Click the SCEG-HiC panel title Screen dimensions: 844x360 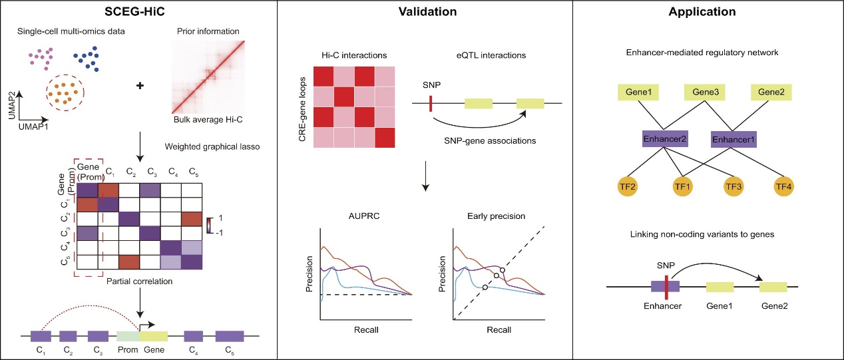coord(134,12)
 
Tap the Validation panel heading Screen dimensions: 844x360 coord(427,12)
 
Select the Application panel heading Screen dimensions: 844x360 coord(702,12)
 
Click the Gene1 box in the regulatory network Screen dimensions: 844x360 coord(638,92)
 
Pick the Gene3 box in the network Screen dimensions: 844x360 coord(705,92)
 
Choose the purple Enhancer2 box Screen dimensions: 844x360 coord(665,139)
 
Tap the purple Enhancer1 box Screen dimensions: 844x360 coord(734,139)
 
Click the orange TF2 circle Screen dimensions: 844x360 coord(628,186)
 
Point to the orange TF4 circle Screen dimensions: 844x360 coord(783,186)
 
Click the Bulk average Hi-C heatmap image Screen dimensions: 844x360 coord(208,77)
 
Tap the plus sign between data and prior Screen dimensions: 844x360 coord(140,86)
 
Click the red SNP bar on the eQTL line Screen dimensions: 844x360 coord(431,103)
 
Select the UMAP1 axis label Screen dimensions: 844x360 coord(33,126)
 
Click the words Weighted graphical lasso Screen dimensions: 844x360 coord(212,146)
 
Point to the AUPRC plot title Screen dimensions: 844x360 coord(364,216)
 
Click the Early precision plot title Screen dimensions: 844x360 coord(497,216)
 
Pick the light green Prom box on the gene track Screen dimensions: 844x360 coord(128,336)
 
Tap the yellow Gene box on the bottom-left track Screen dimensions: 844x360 coord(154,336)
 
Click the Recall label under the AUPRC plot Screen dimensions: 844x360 coord(366,330)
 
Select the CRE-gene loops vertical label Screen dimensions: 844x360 coord(302,109)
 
